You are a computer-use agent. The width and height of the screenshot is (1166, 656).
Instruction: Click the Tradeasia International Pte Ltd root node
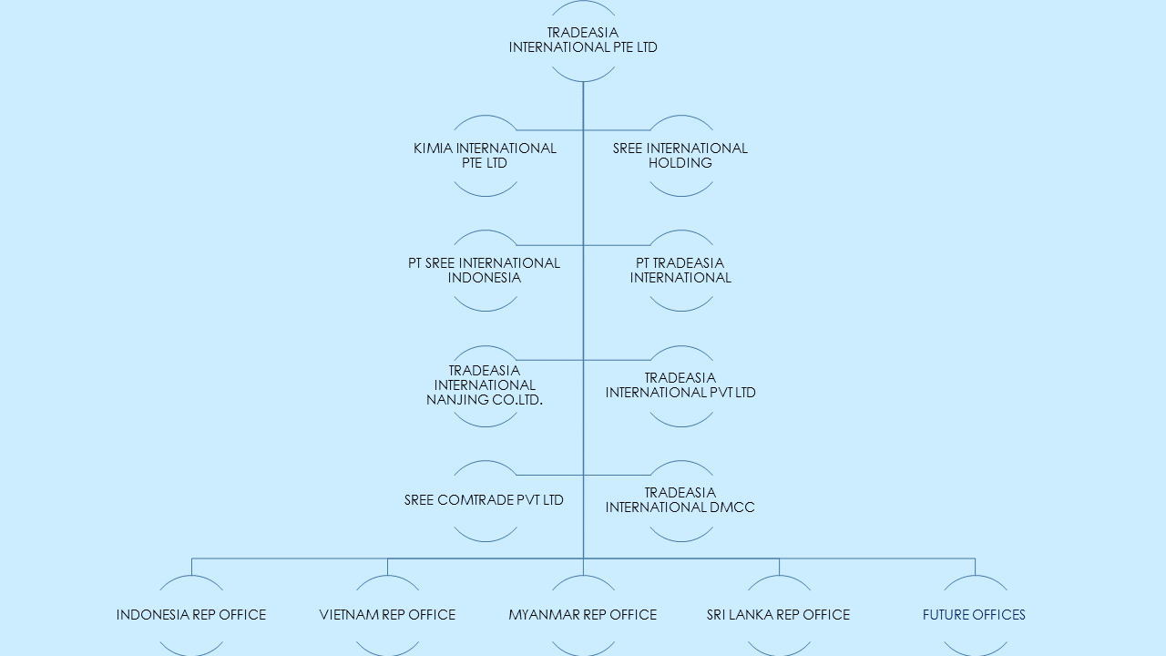(583, 40)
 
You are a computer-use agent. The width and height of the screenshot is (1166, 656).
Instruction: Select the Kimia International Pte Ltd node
(486, 156)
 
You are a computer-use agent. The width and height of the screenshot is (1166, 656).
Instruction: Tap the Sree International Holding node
(680, 156)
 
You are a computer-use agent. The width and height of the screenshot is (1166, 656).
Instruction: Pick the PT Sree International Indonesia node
(484, 271)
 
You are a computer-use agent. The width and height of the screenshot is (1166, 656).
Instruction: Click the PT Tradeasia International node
(680, 271)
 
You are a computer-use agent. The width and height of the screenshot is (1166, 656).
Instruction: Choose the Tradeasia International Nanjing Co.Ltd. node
(485, 385)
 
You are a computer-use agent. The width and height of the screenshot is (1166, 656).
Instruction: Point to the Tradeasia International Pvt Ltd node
(680, 385)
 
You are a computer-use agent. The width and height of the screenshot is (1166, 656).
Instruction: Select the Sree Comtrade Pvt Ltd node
(484, 500)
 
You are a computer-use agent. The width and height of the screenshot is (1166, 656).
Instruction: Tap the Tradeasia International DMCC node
(680, 500)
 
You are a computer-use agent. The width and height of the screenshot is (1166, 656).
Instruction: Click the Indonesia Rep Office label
(191, 615)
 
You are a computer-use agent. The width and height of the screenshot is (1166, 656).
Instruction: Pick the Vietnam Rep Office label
(387, 615)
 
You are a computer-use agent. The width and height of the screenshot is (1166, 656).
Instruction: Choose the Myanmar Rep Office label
(583, 615)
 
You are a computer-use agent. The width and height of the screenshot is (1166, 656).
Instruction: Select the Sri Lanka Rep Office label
(778, 615)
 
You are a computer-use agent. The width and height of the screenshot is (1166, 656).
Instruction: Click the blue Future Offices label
(974, 615)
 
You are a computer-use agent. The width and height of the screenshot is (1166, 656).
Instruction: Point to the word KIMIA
(433, 149)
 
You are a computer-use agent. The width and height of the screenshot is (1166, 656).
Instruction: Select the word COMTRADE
(476, 500)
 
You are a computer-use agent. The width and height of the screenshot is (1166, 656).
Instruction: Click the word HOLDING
(680, 163)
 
